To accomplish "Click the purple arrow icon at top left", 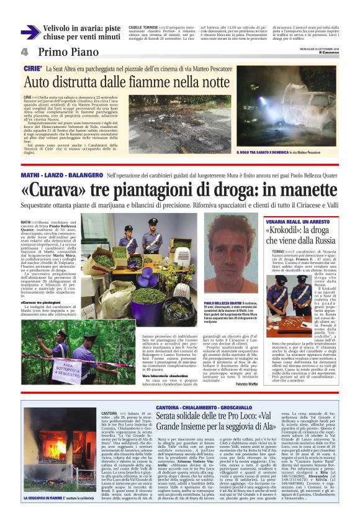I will tap(30, 32).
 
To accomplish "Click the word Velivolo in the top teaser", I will tap(61, 28).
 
